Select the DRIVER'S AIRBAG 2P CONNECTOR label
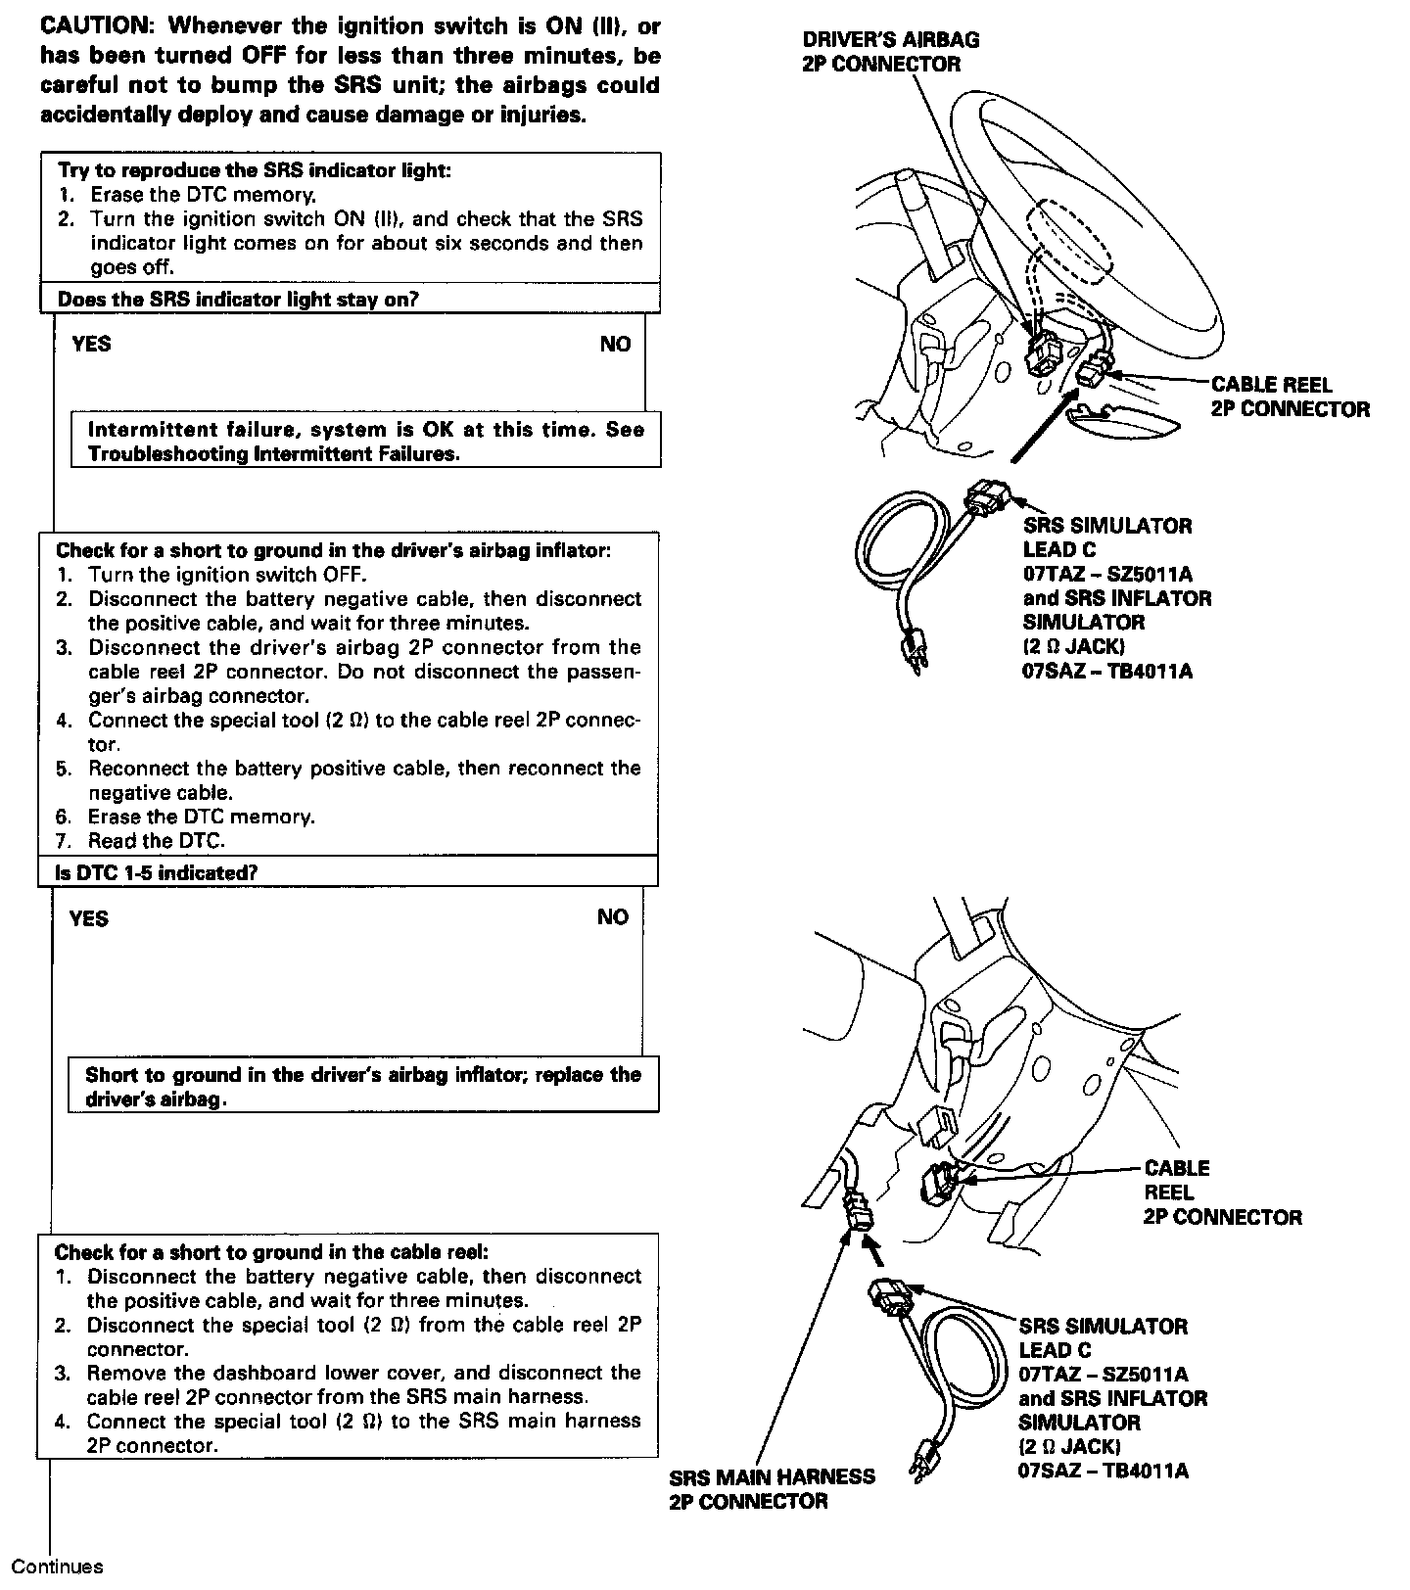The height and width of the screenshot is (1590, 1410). click(x=890, y=52)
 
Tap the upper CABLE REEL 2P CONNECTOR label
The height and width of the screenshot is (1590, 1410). click(x=1290, y=397)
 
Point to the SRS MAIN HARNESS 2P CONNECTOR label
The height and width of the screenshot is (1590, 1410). click(x=772, y=1488)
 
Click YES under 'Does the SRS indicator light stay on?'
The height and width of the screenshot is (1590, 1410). click(x=91, y=344)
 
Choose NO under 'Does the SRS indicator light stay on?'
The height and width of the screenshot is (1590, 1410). click(x=615, y=344)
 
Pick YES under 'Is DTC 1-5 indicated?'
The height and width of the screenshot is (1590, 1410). click(x=89, y=918)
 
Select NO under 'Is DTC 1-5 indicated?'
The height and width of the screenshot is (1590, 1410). click(x=613, y=917)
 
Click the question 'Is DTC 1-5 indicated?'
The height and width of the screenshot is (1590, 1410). click(x=157, y=871)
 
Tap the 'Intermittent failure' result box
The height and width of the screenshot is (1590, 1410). click(x=365, y=442)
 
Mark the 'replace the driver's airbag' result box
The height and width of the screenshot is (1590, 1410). click(x=362, y=1086)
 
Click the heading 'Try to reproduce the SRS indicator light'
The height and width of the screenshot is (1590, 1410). click(x=255, y=170)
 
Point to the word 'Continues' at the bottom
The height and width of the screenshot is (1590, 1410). click(x=57, y=1567)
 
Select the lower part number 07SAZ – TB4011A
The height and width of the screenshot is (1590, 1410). click(x=1104, y=1471)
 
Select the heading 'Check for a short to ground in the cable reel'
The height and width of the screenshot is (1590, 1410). click(x=271, y=1252)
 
